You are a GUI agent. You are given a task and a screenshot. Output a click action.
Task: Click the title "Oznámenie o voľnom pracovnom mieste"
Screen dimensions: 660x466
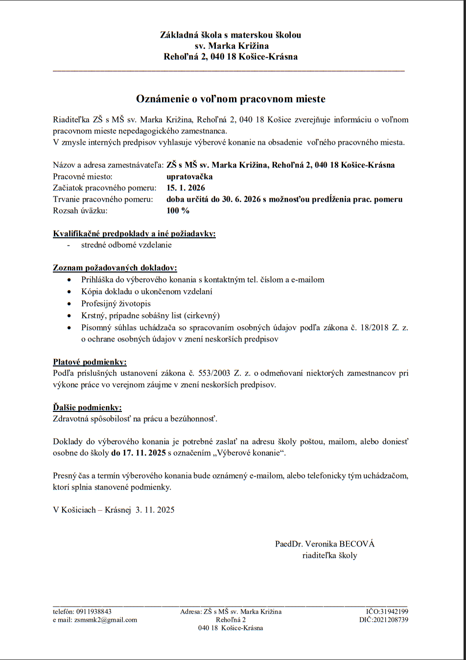click(x=231, y=99)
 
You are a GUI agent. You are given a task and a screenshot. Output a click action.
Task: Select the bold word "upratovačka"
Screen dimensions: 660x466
click(x=189, y=177)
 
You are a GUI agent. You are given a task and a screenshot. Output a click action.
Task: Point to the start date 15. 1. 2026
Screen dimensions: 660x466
click(x=186, y=188)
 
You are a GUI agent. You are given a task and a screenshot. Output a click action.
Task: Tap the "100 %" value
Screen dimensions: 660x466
click(x=178, y=211)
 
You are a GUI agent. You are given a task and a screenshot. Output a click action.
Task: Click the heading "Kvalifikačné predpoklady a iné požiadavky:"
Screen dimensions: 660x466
click(x=134, y=234)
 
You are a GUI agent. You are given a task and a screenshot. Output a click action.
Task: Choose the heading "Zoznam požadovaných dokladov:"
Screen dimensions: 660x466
click(x=115, y=268)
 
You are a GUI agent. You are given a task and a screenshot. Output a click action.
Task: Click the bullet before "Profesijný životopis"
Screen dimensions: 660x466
click(x=70, y=304)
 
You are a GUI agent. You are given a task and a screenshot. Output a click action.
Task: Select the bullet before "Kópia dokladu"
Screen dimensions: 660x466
click(x=70, y=292)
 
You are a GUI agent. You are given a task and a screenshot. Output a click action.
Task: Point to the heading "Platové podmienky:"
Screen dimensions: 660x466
click(x=90, y=362)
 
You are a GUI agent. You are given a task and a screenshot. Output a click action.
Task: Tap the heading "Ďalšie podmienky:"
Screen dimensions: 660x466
click(x=87, y=408)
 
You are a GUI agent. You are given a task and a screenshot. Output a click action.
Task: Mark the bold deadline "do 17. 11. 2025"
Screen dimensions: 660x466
click(x=139, y=453)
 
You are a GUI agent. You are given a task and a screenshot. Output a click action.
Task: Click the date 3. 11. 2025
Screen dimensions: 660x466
click(x=155, y=510)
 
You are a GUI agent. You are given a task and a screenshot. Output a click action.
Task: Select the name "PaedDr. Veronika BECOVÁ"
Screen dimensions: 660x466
click(x=325, y=544)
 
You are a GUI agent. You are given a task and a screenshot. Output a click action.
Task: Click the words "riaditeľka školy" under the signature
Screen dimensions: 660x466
click(x=329, y=556)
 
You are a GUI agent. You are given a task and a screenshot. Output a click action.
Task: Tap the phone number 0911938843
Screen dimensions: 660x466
click(x=93, y=612)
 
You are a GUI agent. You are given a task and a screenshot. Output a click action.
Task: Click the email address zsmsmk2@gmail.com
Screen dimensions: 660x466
click(x=105, y=620)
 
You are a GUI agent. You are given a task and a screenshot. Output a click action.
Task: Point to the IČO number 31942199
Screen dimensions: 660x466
click(x=394, y=612)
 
